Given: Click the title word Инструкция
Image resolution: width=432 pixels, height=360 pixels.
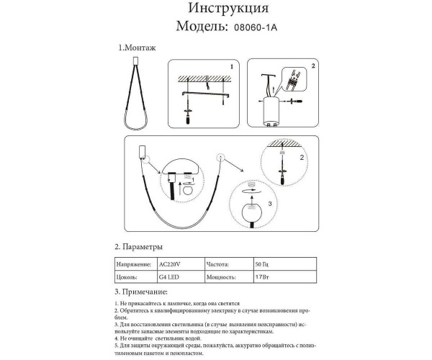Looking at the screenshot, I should pos(229,9).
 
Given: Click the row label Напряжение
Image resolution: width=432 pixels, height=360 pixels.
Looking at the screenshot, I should pos(132,264).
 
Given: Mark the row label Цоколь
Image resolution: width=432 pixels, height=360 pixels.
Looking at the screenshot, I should pos(127,276).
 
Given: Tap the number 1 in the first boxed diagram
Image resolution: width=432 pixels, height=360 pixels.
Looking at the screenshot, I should pos(231,66).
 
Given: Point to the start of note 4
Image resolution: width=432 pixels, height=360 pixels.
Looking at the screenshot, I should pos(117,337).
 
